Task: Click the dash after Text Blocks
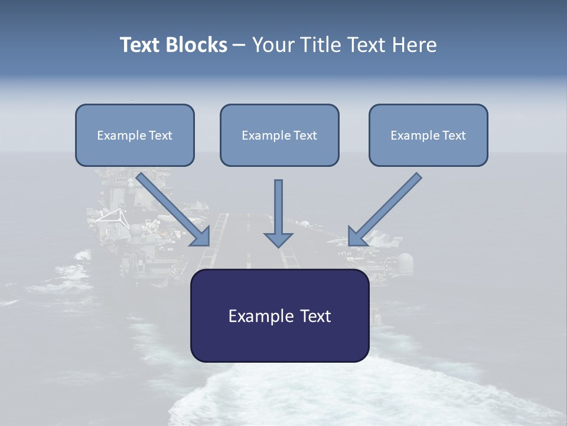point(239,46)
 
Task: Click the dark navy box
point(279,343)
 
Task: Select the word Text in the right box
point(454,135)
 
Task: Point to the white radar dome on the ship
point(406,260)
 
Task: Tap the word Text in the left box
point(160,135)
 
